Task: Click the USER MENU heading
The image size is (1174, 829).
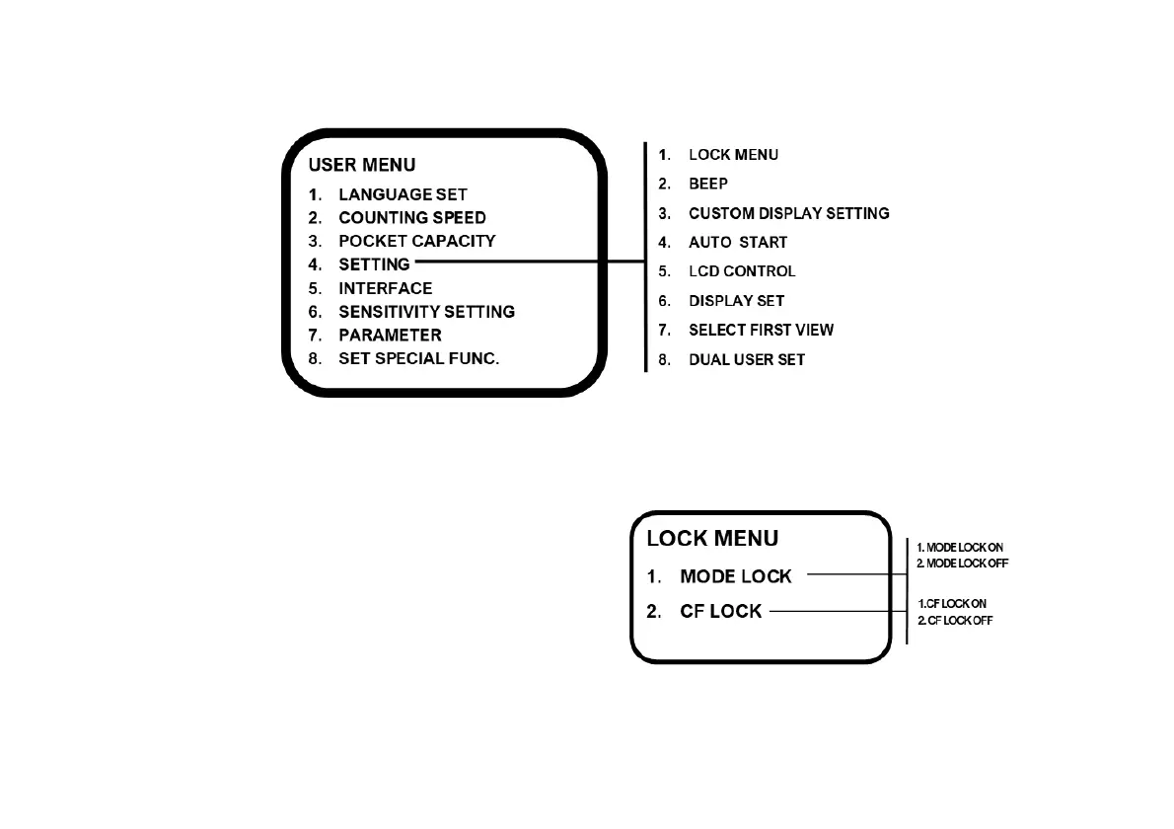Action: (361, 165)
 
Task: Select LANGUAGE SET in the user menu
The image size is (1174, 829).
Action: (403, 194)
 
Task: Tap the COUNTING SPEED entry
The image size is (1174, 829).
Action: (411, 217)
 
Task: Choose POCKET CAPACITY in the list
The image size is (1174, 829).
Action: (416, 241)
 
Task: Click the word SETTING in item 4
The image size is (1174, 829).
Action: (374, 264)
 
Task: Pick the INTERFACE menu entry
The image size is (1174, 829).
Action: (385, 288)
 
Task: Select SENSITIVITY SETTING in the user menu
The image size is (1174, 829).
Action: (426, 312)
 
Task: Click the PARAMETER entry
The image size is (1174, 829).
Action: (390, 336)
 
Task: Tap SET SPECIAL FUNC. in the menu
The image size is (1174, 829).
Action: (418, 358)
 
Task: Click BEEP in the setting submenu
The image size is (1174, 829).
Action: (707, 184)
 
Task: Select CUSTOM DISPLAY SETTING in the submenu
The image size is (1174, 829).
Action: (788, 213)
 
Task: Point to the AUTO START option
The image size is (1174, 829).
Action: (737, 242)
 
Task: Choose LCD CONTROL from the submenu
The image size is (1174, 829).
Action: (741, 271)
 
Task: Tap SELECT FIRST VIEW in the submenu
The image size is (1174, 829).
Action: (761, 330)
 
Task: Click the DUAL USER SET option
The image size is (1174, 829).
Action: (746, 359)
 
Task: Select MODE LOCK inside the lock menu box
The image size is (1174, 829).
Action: (735, 576)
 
